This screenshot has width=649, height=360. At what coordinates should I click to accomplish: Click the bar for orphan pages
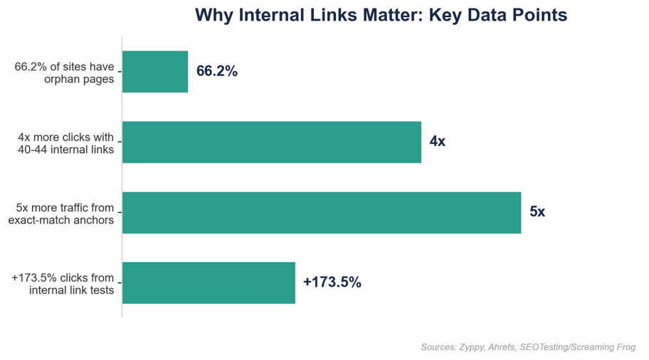(x=155, y=72)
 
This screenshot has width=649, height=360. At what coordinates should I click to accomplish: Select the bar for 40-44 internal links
(x=272, y=142)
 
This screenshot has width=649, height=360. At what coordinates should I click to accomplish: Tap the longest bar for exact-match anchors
(x=322, y=212)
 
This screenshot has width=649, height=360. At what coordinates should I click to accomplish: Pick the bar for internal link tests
(x=209, y=282)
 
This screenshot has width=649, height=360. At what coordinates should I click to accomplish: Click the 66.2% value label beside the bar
(x=217, y=72)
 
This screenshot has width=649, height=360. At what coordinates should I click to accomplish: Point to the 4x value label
(x=438, y=142)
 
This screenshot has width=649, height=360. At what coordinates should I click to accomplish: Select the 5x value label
(x=537, y=212)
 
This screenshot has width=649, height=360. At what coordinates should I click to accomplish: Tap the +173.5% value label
(x=332, y=282)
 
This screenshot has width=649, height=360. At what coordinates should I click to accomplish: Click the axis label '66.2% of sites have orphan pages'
(x=64, y=73)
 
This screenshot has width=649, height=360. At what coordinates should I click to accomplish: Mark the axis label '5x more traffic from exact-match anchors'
(x=61, y=213)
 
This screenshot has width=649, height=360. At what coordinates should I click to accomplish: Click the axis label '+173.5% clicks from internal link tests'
(x=63, y=283)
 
